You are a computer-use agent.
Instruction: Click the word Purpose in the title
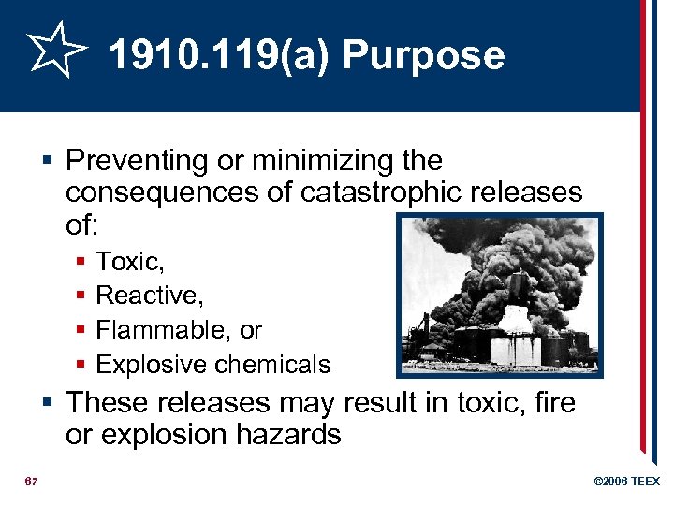coord(423,56)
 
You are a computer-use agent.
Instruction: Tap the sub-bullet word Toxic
coord(129,261)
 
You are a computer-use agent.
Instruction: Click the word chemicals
coord(275,365)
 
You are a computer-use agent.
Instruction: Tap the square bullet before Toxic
coord(82,262)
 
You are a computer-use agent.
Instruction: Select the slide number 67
coord(30,481)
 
